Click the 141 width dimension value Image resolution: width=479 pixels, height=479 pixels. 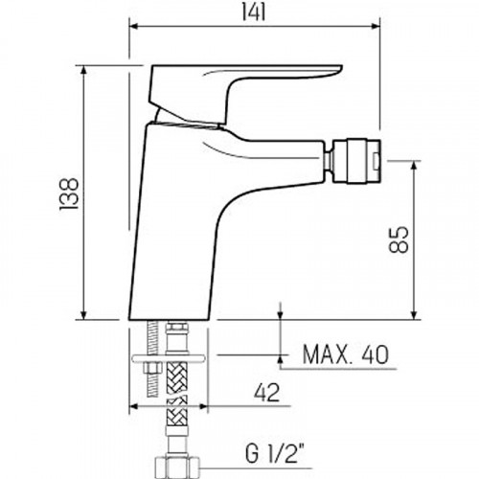click(x=254, y=13)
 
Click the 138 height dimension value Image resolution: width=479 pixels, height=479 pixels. click(x=69, y=194)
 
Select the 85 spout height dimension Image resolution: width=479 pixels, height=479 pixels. click(x=399, y=239)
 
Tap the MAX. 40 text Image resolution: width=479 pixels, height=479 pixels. click(x=346, y=354)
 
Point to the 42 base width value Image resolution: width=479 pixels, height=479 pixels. click(x=266, y=393)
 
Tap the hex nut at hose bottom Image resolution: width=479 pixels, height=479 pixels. click(x=176, y=467)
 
